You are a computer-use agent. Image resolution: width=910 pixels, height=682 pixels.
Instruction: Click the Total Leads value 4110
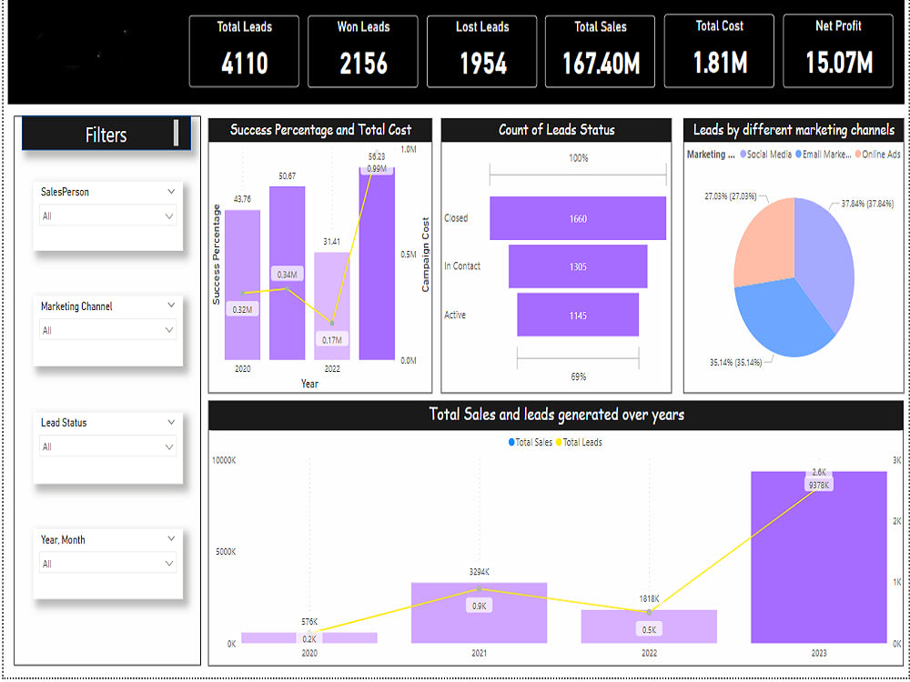pos(244,63)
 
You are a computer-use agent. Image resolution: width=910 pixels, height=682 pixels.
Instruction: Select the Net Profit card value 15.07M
pos(838,63)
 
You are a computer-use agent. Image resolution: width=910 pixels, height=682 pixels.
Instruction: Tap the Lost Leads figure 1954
pos(482,63)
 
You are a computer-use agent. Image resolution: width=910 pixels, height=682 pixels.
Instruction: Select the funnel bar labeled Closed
pos(578,218)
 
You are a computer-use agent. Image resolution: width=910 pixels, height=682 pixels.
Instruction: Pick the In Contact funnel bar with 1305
pos(578,266)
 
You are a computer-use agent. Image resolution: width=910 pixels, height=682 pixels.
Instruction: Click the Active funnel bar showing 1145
pos(578,315)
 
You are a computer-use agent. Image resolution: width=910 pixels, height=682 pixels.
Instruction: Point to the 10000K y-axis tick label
pos(224,459)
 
